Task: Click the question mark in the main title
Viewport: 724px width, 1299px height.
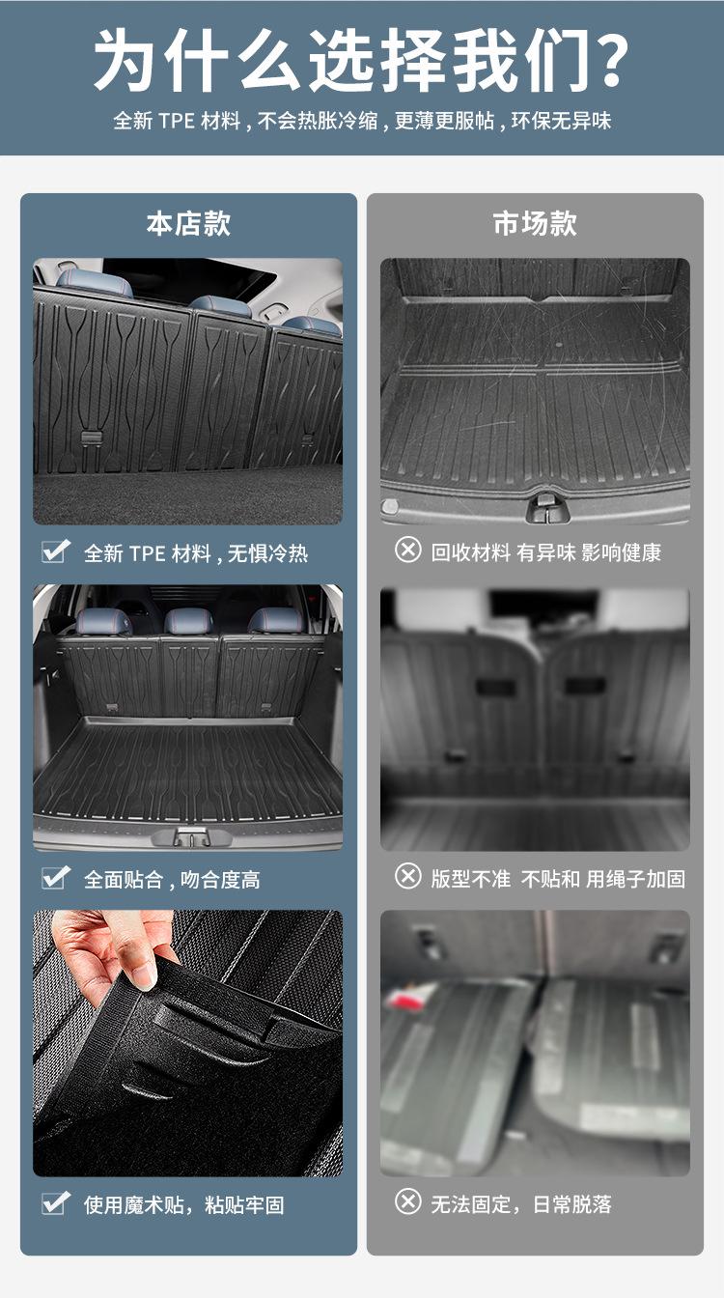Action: [608, 60]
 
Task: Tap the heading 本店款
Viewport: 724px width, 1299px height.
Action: [188, 224]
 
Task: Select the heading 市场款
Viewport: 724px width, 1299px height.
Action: [535, 224]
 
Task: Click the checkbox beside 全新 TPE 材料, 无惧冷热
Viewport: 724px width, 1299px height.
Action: [56, 551]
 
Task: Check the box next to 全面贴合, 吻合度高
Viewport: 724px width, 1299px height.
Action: [56, 877]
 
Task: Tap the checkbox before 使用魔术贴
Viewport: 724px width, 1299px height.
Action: [56, 1202]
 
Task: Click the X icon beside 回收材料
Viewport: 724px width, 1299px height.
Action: [408, 549]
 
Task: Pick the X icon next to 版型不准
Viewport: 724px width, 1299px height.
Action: [408, 876]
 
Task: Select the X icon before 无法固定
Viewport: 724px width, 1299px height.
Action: [408, 1201]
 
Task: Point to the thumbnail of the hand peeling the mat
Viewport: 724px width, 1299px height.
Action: [188, 1043]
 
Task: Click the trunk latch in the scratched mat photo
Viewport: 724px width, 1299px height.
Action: [546, 506]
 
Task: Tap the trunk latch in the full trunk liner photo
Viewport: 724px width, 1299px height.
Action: [188, 835]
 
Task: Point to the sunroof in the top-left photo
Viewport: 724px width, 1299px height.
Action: [189, 278]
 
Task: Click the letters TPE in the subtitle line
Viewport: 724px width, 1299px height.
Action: [177, 121]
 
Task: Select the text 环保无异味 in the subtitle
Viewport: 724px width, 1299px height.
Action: [561, 121]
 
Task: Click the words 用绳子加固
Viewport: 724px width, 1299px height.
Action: [635, 879]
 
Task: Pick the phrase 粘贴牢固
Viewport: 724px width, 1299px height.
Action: [244, 1205]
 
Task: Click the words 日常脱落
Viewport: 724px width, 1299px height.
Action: [572, 1204]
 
